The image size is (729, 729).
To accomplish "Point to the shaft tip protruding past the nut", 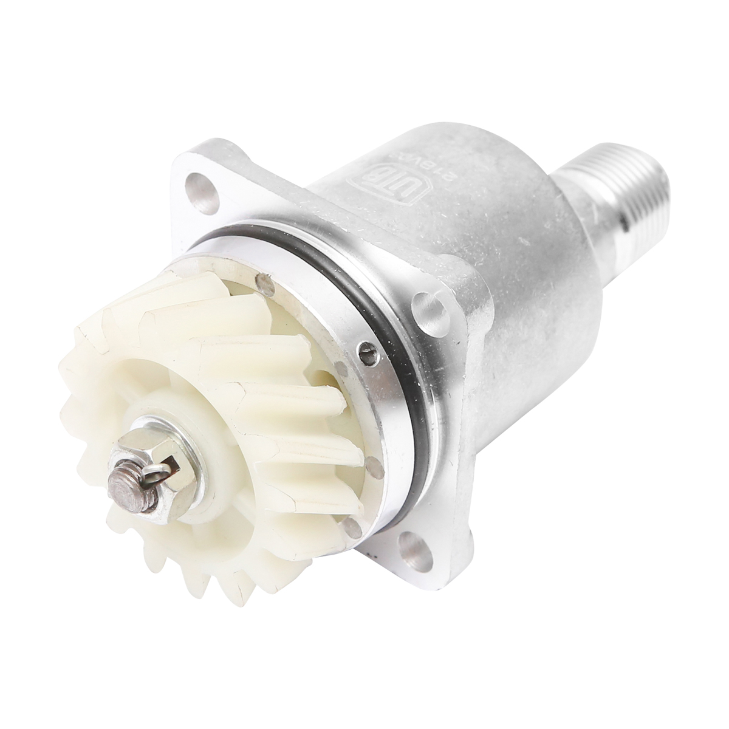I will click(x=118, y=482).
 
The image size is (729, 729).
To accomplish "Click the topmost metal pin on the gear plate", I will click(x=262, y=281).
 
